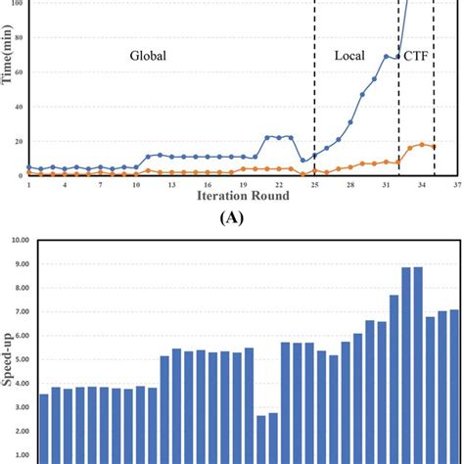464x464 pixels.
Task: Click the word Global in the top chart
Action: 148,57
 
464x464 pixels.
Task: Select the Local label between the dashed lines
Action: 349,57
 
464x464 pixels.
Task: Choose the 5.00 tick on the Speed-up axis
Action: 22,358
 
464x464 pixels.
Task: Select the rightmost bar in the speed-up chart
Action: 454,387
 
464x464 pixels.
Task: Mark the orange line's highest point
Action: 422,144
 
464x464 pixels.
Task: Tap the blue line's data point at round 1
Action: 29,167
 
